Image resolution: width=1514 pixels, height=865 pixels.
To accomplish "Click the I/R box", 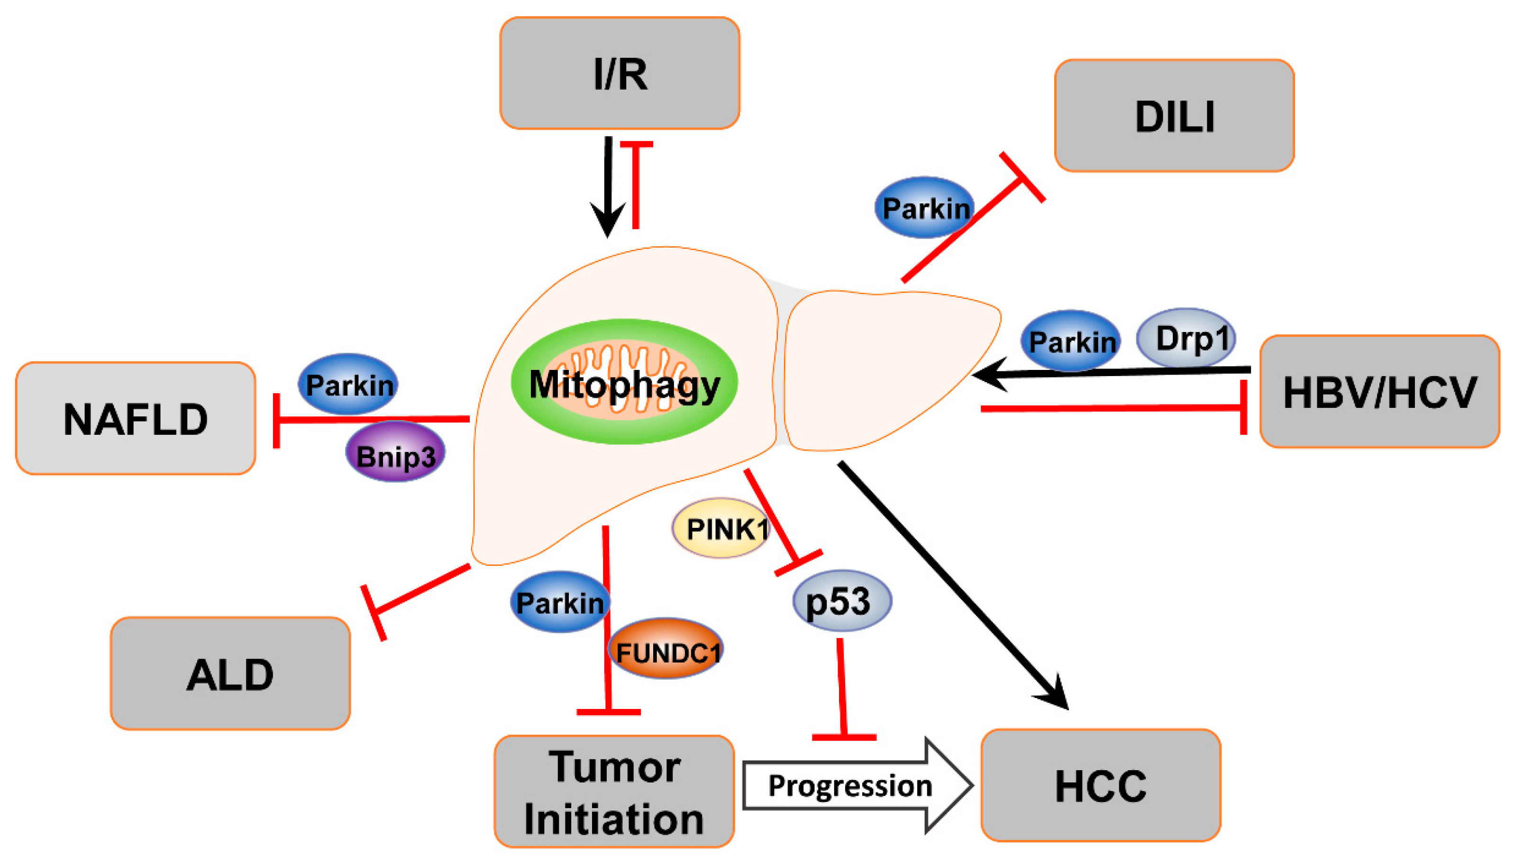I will [619, 73].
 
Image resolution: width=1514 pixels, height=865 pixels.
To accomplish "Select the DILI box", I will [1173, 115].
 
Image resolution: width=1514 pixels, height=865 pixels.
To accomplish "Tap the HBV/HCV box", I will [1378, 392].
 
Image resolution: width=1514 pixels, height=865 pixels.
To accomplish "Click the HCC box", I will [1100, 785].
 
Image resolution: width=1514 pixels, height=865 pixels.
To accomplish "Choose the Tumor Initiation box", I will [614, 791].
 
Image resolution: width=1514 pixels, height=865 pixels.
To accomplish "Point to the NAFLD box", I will [136, 418].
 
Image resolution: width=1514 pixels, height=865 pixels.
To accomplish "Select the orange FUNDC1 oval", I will [665, 649].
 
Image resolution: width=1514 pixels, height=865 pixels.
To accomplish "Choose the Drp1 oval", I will [1185, 338].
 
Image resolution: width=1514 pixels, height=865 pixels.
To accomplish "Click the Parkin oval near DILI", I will [924, 207].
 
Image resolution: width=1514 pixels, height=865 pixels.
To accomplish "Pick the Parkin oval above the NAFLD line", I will [348, 384].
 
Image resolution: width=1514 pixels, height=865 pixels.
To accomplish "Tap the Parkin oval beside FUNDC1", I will [559, 602].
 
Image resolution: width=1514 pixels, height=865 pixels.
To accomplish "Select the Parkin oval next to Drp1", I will [1070, 340].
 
